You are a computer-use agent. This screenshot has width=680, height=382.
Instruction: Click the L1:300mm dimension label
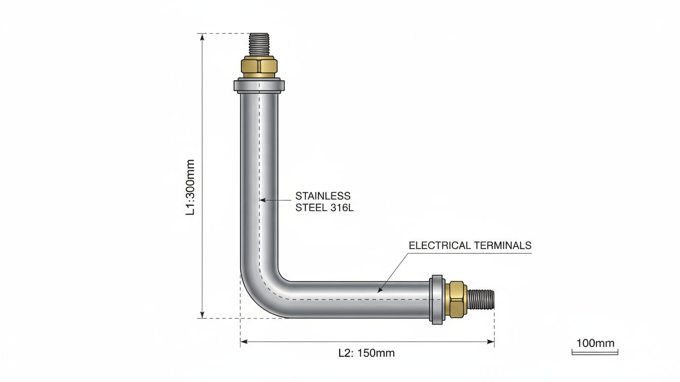point(190,187)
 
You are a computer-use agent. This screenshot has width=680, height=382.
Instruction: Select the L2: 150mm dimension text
point(366,353)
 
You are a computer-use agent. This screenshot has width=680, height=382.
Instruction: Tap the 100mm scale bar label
point(596,343)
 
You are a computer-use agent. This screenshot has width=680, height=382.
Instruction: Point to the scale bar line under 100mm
point(595,352)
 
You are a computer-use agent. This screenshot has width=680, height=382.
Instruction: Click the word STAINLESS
point(323,196)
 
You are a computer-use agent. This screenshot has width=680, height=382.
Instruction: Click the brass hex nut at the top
point(259,66)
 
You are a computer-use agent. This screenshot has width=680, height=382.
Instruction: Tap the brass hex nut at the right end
point(457,299)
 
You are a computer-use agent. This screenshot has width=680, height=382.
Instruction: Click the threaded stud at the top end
point(259,44)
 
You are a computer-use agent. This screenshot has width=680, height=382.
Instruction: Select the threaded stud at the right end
point(481,300)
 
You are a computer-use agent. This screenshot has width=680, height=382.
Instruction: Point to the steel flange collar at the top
point(259,85)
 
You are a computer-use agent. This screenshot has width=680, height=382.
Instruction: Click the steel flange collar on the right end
point(437,300)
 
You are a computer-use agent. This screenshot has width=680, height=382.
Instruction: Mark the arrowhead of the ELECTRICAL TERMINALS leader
point(379,290)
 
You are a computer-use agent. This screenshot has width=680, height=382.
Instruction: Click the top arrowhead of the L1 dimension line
point(202,37)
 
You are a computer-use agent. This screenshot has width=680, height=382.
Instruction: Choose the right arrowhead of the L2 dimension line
point(491,342)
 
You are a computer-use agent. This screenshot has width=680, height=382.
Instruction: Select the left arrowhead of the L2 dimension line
point(244,342)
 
